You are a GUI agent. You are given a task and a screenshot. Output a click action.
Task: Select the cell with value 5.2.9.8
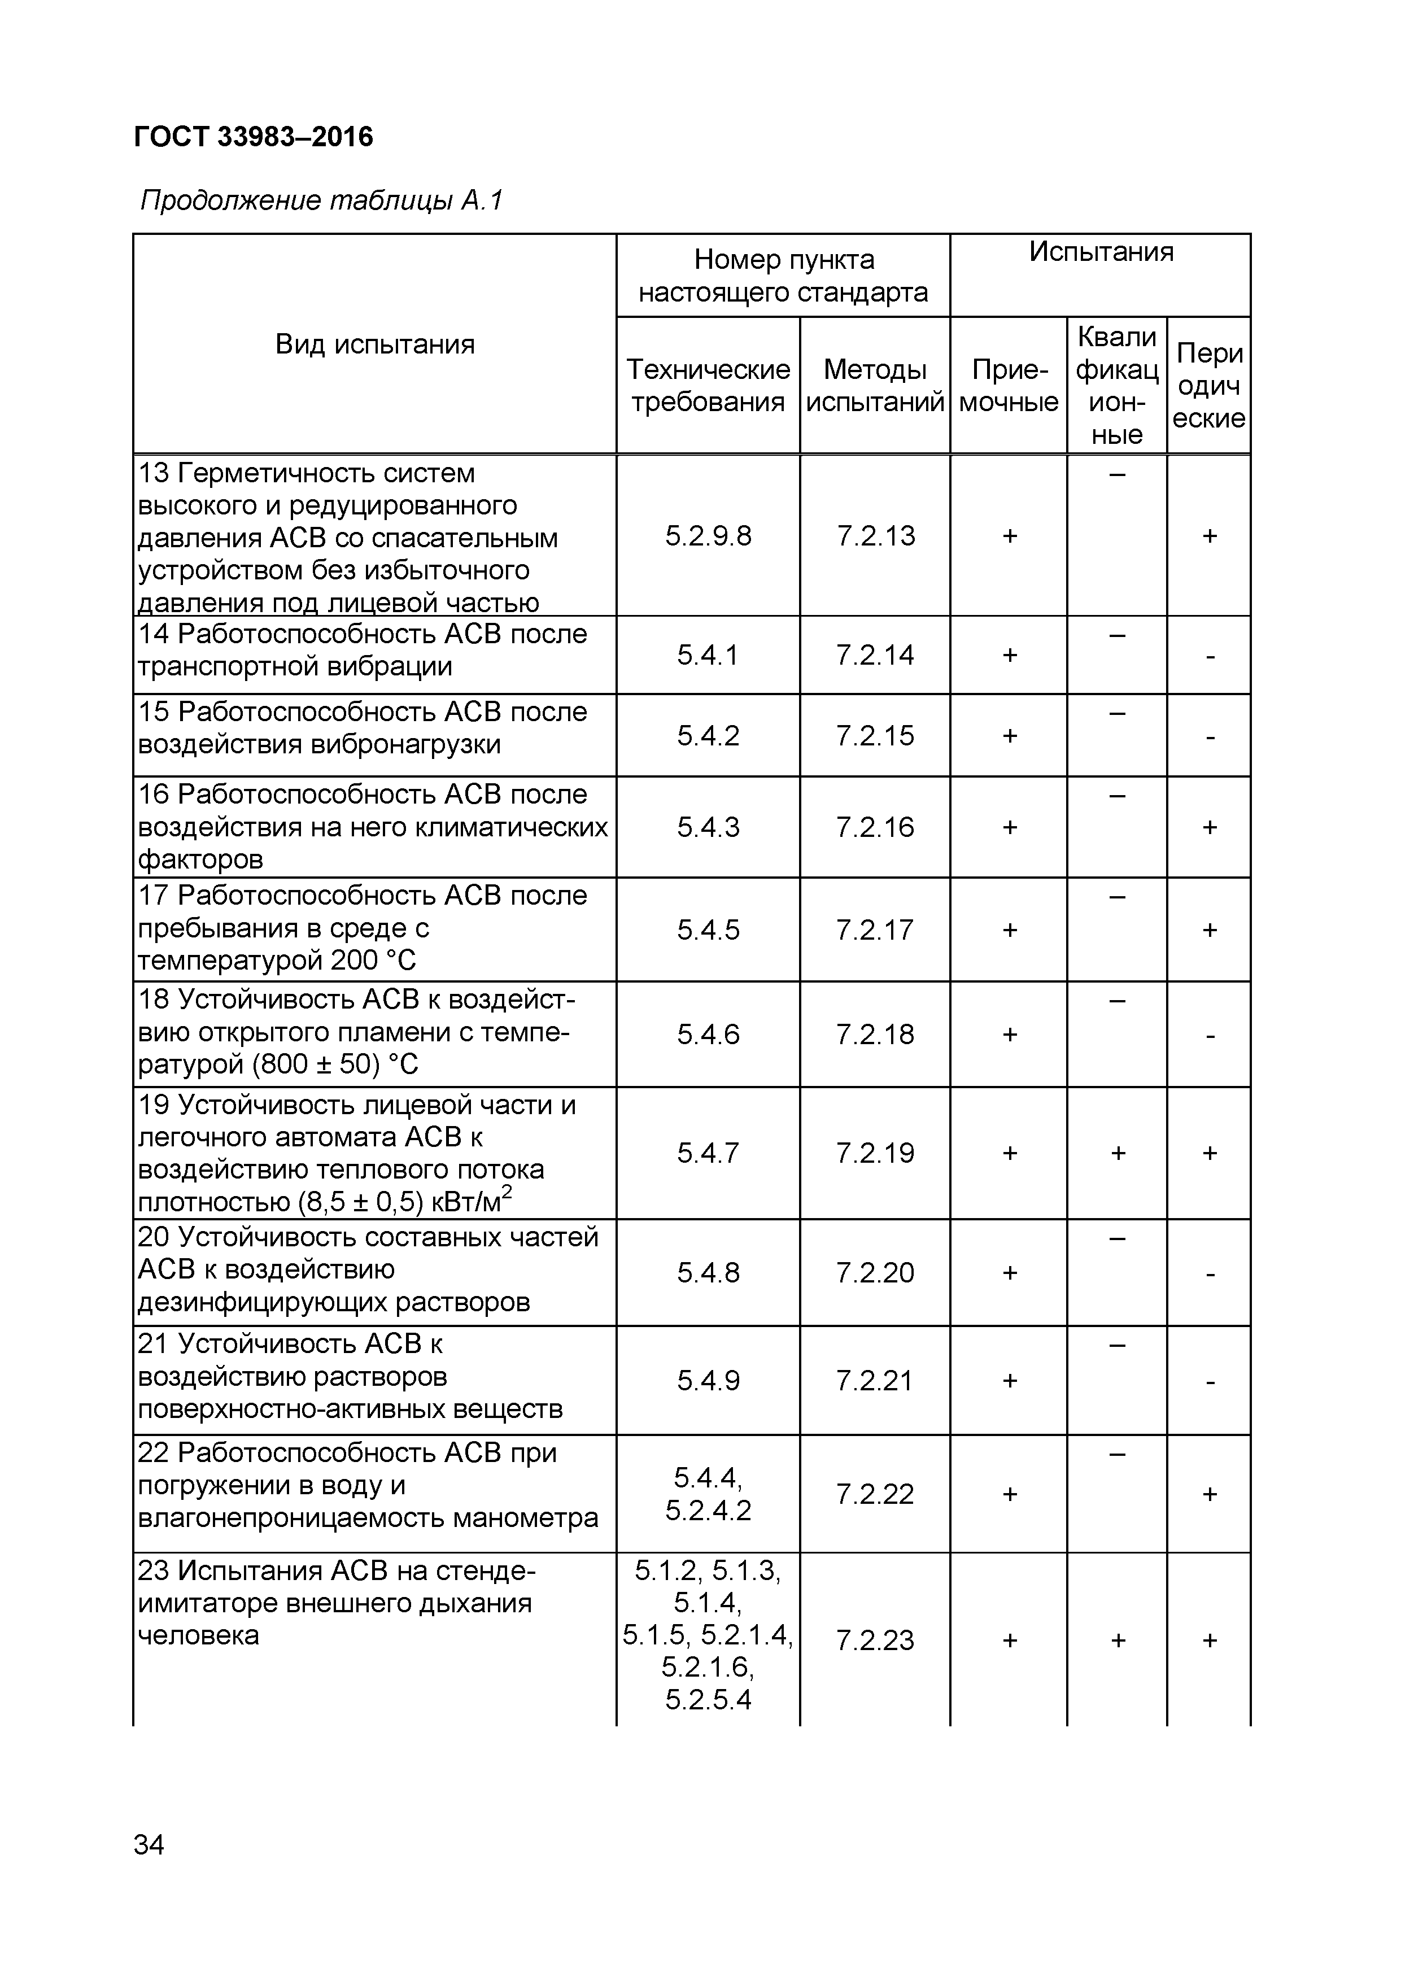tap(708, 536)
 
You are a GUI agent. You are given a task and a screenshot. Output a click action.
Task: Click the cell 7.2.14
tap(875, 655)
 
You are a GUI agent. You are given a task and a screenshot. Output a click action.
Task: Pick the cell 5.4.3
tap(708, 827)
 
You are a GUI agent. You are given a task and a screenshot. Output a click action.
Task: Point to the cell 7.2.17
tap(875, 930)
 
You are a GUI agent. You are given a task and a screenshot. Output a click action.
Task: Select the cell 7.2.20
tap(875, 1273)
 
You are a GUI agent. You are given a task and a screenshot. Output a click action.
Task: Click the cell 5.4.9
tap(708, 1381)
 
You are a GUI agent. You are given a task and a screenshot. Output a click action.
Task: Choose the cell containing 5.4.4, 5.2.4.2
tap(708, 1494)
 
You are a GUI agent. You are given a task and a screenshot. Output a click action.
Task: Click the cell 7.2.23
tap(875, 1640)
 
